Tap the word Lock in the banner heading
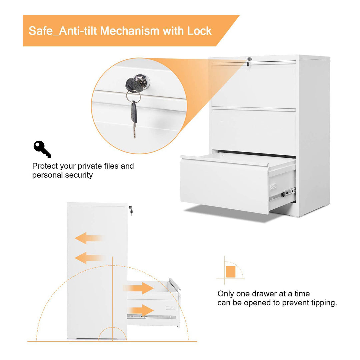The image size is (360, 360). click(x=199, y=31)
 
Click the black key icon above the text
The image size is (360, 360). click(x=42, y=149)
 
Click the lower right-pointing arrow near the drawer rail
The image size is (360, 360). click(x=140, y=310)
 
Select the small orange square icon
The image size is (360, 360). click(x=230, y=271)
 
